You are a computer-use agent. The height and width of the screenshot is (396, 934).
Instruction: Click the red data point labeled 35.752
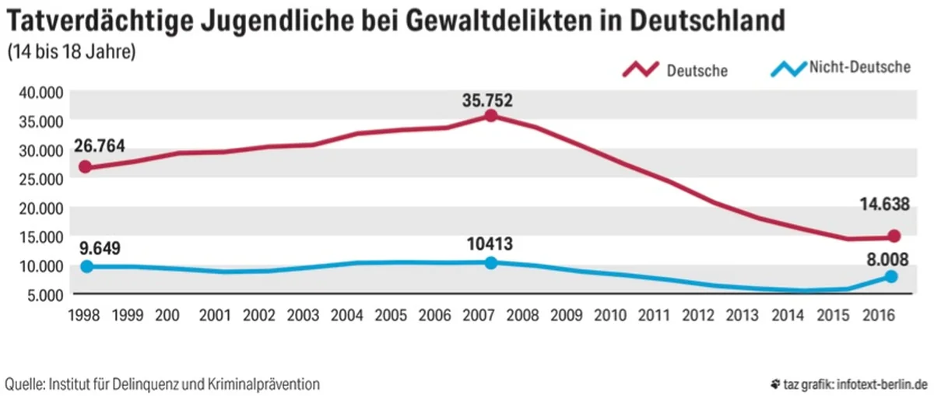490,116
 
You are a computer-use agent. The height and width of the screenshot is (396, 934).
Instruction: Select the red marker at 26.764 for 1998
86,167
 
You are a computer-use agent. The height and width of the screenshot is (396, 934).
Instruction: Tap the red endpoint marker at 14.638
894,237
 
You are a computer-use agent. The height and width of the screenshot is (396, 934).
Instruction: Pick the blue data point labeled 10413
490,263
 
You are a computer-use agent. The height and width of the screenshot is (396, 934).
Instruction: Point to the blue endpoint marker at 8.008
892,277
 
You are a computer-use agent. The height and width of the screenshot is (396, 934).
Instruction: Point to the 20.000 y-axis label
39,209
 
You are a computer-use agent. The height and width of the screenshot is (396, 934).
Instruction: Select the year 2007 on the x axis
487,316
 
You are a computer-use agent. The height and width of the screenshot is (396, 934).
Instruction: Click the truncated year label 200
168,316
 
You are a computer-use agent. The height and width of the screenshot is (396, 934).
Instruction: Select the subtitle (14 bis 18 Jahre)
72,54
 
